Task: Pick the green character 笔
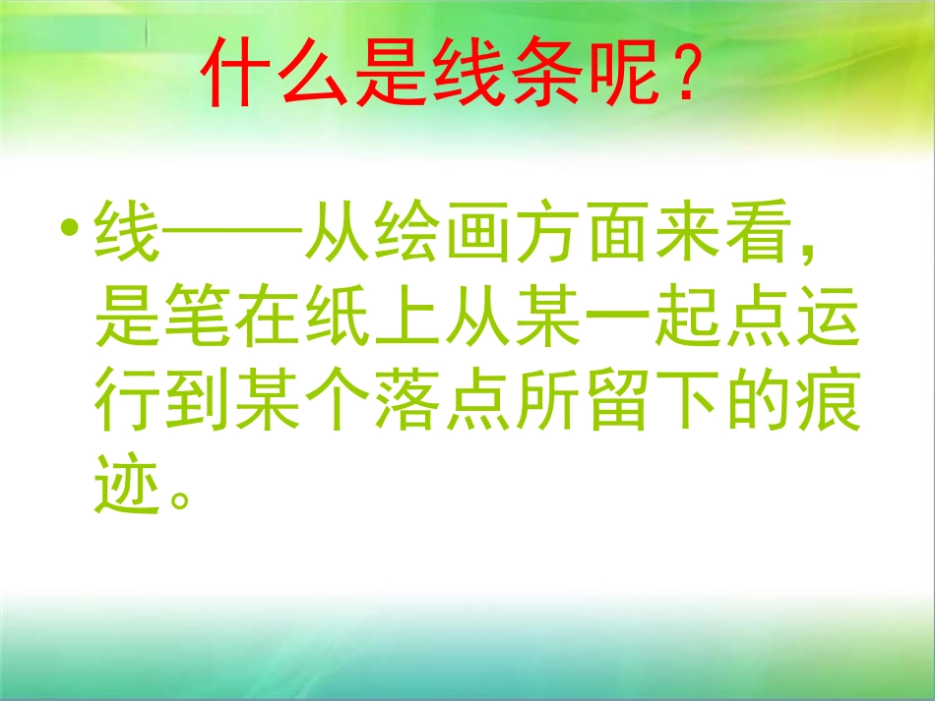point(197,323)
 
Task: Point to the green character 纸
point(337,323)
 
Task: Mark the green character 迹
point(126,492)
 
